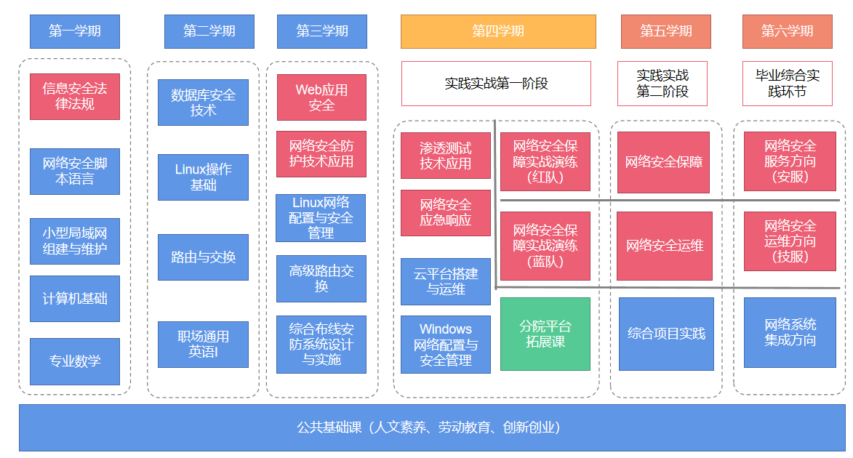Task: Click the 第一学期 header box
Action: tap(74, 31)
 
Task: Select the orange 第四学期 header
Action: tap(498, 31)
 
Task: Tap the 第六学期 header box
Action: tap(787, 31)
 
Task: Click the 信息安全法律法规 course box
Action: tap(74, 96)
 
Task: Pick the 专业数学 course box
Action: tap(74, 361)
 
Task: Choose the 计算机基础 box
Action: tap(74, 299)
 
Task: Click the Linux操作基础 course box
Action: tap(203, 177)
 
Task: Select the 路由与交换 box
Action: tap(203, 257)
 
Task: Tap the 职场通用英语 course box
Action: tap(203, 345)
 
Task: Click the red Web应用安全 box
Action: tap(321, 97)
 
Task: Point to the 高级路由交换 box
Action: tap(321, 278)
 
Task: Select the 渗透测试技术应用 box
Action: tap(446, 156)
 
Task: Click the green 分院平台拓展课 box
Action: tap(545, 334)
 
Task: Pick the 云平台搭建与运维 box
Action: tap(446, 282)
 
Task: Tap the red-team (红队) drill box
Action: tap(545, 161)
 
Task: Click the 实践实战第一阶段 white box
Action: tap(496, 83)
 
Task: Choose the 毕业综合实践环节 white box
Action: tap(787, 83)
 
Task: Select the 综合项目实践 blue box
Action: tap(666, 334)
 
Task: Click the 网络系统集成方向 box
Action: tap(790, 332)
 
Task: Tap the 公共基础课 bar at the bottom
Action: tap(432, 427)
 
